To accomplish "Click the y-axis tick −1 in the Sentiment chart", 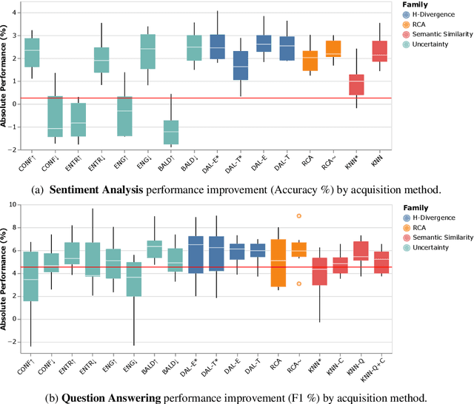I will [x=16, y=127].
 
